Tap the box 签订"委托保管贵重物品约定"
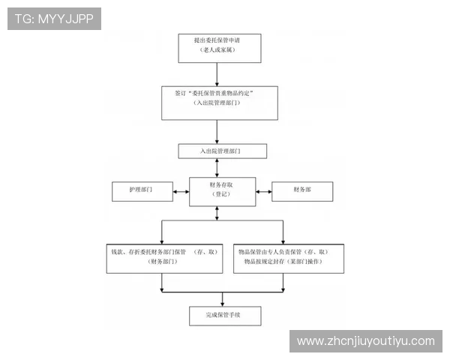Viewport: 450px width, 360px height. (217, 103)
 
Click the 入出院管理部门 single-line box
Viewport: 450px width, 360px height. (221, 151)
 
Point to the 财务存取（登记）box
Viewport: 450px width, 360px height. (221, 191)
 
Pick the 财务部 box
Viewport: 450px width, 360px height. (302, 192)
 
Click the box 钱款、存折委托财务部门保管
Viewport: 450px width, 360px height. (163, 257)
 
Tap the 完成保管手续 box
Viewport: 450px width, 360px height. (224, 316)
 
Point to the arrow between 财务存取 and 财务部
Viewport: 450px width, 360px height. (262, 192)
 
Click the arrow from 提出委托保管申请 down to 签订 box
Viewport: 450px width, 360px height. (217, 73)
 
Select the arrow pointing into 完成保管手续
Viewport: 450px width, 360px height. (223, 298)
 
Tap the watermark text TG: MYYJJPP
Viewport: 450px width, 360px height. (54, 19)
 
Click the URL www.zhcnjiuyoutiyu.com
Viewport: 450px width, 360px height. (365, 340)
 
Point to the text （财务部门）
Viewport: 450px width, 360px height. (163, 262)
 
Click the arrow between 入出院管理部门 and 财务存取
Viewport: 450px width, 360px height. (217, 168)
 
